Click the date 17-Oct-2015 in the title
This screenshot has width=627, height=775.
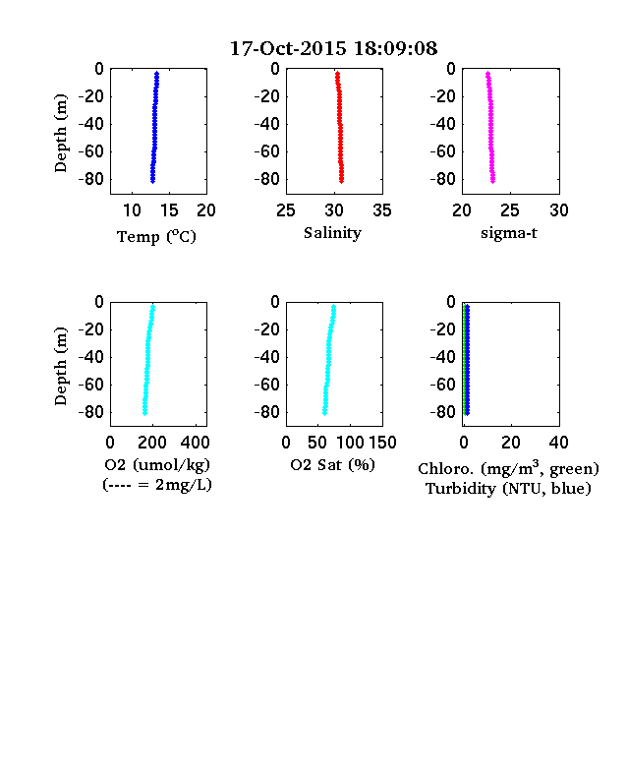pos(288,48)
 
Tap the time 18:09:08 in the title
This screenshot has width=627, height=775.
pos(395,48)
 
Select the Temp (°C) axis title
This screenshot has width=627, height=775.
pos(156,237)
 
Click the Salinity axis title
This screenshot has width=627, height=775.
pos(332,233)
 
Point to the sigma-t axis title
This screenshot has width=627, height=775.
pos(509,233)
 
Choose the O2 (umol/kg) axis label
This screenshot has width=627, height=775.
pos(157,465)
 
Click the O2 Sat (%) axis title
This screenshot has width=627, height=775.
pos(333,465)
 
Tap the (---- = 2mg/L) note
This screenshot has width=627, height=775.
pos(157,485)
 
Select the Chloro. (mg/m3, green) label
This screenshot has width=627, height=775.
pos(508,468)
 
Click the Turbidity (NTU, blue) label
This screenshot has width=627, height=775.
pos(508,489)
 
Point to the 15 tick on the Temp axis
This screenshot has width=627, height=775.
pos(169,210)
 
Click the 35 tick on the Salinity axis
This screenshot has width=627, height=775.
pos(382,210)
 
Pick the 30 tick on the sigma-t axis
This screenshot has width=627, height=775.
pos(559,210)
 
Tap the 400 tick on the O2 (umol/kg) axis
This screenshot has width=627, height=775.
pos(195,443)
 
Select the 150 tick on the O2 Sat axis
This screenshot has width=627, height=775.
pos(382,443)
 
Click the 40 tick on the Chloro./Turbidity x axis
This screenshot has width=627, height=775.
pos(558,443)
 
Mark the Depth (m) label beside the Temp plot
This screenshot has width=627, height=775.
pos(60,133)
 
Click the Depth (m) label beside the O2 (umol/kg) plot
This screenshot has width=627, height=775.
pos(60,366)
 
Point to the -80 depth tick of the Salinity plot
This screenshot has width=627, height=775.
pos(267,179)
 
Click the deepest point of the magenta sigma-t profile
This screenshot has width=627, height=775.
pos(492,181)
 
